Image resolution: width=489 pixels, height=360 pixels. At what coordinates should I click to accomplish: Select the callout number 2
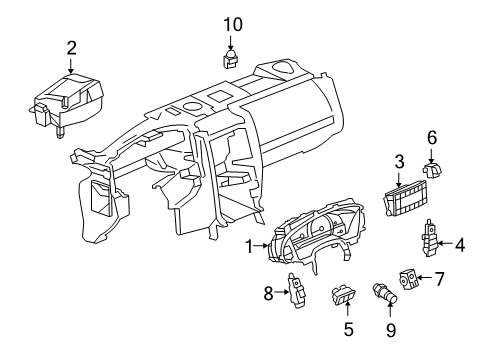coord(71,46)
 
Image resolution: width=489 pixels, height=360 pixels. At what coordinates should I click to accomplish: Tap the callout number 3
coord(398,159)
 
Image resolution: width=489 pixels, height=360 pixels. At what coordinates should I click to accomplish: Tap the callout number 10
coord(232,22)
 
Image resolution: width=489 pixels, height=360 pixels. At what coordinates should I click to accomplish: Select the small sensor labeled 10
coord(232,57)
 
